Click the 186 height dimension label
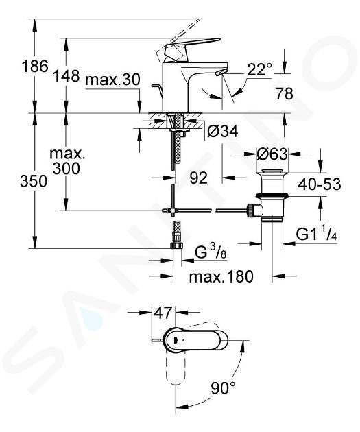35,66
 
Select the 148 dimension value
66,75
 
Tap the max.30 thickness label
112,80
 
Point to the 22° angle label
259,69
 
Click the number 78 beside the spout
284,94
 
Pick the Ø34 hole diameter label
223,132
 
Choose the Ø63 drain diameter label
272,154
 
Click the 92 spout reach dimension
198,178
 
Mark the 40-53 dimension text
320,184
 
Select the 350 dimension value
34,181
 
